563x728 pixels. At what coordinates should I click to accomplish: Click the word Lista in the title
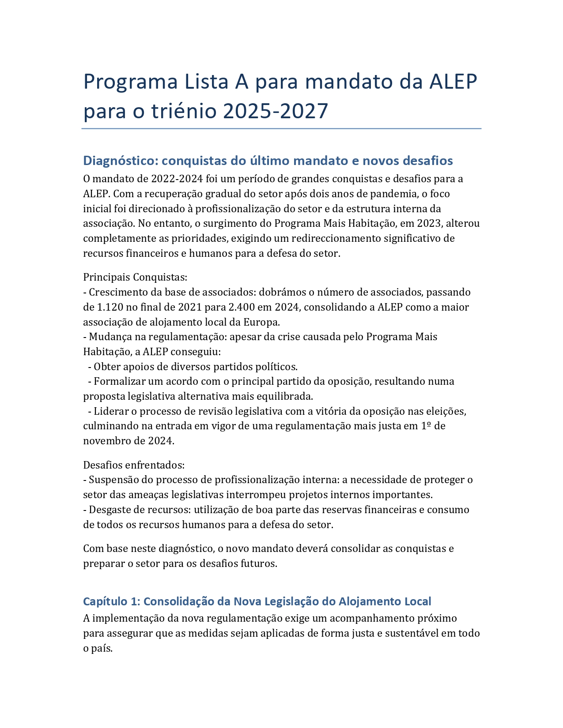coord(205,82)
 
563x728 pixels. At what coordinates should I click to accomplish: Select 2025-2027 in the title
coord(276,111)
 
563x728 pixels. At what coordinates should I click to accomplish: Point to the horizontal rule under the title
coord(281,129)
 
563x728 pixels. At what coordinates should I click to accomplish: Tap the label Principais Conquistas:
coord(135,277)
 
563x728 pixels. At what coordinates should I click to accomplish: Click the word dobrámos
coord(281,292)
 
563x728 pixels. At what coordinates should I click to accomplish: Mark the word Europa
coord(262,322)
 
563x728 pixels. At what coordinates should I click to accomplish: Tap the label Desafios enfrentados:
coord(134,465)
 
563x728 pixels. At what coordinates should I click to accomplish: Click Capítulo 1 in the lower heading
coord(111,601)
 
